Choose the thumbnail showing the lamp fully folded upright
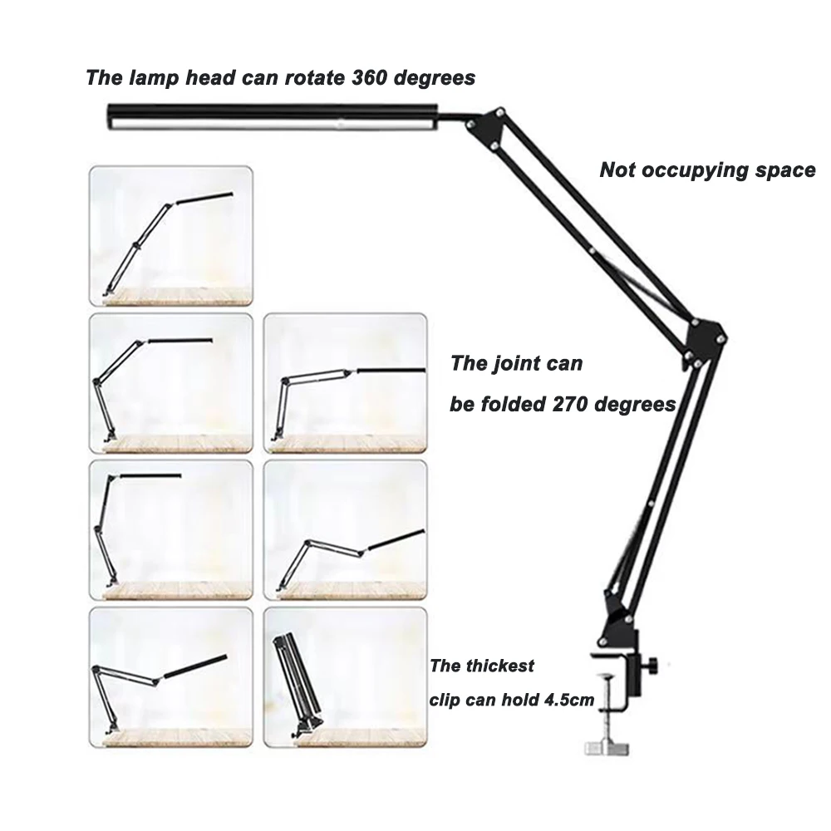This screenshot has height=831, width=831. coord(344,676)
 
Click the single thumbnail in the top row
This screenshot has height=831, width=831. coord(171,236)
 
